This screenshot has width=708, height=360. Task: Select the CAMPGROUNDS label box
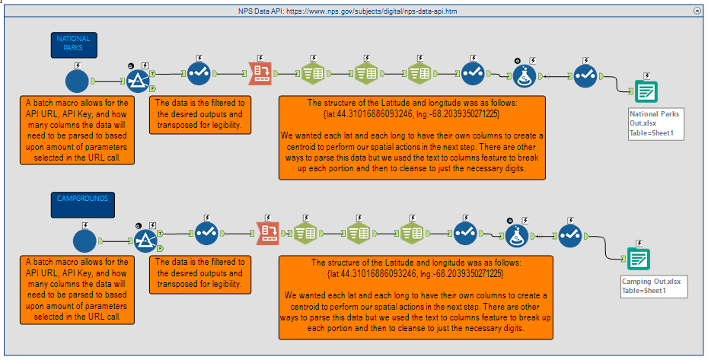[x=83, y=203]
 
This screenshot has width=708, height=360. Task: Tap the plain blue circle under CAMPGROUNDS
[x=85, y=240]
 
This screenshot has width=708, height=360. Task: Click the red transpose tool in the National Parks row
[x=262, y=73]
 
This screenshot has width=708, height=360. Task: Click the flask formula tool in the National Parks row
[x=524, y=75]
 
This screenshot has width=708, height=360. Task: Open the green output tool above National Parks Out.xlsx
[x=646, y=92]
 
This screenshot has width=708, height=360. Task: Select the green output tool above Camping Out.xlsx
[x=638, y=259]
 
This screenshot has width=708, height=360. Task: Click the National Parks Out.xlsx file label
[x=655, y=123]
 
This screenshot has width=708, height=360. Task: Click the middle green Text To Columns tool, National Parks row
[x=366, y=73]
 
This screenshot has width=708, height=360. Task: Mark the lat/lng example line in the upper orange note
[x=412, y=113]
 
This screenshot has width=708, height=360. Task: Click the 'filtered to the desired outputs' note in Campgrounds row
[x=199, y=273]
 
